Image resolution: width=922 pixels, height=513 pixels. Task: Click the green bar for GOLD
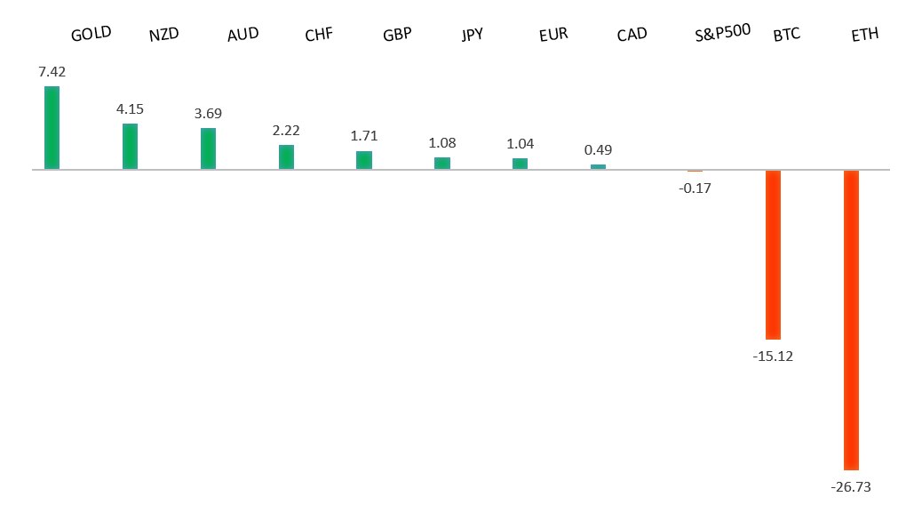(52, 128)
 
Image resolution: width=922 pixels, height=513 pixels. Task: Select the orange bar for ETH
(851, 319)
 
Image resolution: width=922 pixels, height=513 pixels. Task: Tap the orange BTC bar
(773, 254)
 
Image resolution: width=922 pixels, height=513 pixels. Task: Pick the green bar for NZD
(130, 147)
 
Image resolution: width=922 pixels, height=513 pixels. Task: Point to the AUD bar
(208, 148)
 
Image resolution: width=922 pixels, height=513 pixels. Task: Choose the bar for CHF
(286, 157)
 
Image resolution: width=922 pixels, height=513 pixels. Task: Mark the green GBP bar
(364, 160)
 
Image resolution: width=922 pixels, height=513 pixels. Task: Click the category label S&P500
(722, 33)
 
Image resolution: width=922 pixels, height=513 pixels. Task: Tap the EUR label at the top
(552, 36)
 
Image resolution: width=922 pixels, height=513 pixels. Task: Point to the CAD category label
(632, 36)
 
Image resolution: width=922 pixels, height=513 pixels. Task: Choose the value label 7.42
(52, 71)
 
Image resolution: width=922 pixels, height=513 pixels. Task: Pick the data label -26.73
(851, 487)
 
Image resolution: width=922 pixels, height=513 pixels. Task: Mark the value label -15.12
(773, 357)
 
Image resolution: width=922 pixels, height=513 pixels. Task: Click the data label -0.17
(694, 188)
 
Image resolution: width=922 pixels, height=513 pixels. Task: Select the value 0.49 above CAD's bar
(599, 149)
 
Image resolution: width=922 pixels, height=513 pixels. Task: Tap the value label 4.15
(130, 109)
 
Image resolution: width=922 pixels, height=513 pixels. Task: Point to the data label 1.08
(442, 142)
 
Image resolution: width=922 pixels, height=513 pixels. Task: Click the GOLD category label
(91, 34)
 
